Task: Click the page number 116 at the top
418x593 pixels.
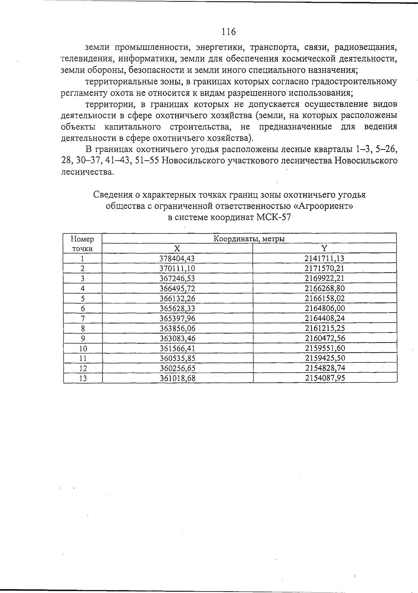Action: click(x=229, y=32)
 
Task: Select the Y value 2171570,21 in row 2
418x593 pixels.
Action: click(x=324, y=269)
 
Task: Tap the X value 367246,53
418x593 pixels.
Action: click(x=177, y=279)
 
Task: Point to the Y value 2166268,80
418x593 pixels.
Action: click(x=324, y=288)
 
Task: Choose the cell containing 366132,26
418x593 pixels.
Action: click(x=177, y=298)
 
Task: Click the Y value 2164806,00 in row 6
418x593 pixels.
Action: click(x=324, y=308)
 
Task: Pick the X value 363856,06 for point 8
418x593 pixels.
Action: click(x=177, y=328)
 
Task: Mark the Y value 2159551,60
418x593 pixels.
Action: click(x=324, y=348)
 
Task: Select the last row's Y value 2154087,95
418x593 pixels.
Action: click(x=325, y=378)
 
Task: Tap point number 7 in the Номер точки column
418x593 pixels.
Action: click(x=83, y=319)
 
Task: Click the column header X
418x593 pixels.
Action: click(x=177, y=248)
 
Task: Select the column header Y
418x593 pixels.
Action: click(x=324, y=248)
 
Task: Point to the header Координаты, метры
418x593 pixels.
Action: click(x=249, y=239)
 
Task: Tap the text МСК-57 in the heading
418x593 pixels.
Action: click(x=273, y=218)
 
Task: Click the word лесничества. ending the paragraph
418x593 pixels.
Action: click(x=87, y=172)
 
